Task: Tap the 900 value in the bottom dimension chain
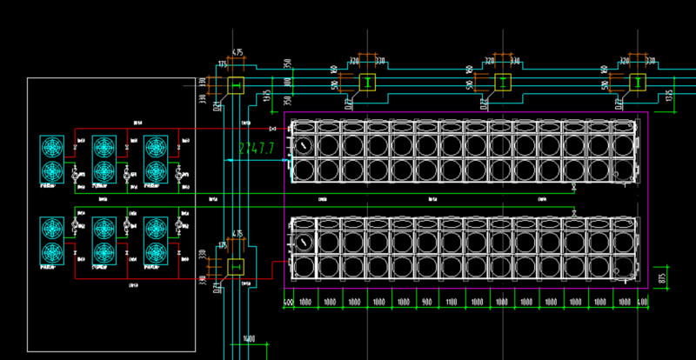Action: pyautogui.click(x=427, y=302)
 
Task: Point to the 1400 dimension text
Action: pyautogui.click(x=248, y=339)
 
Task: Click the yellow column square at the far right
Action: pyautogui.click(x=637, y=83)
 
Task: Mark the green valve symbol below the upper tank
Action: pyautogui.click(x=573, y=188)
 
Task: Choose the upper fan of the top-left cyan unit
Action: pyautogui.click(x=52, y=145)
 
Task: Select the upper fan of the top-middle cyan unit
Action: pyautogui.click(x=104, y=145)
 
